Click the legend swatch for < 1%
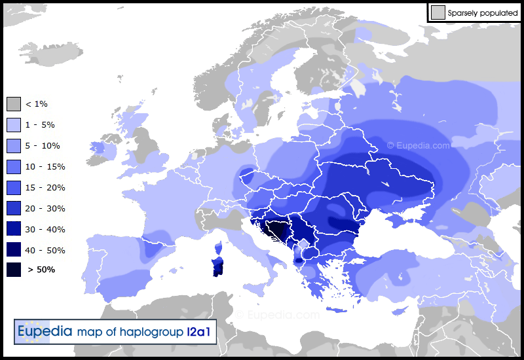pos(14,104)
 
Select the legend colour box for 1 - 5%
pos(14,125)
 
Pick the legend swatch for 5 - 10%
pos(14,146)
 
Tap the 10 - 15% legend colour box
pos(14,167)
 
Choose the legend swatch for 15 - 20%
pos(14,188)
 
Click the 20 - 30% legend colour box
pos(14,209)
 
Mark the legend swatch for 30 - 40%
pos(14,230)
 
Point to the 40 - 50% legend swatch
pos(14,251)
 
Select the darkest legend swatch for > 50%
pos(14,270)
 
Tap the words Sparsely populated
pos(483,12)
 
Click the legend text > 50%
pos(41,270)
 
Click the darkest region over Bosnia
pos(280,230)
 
